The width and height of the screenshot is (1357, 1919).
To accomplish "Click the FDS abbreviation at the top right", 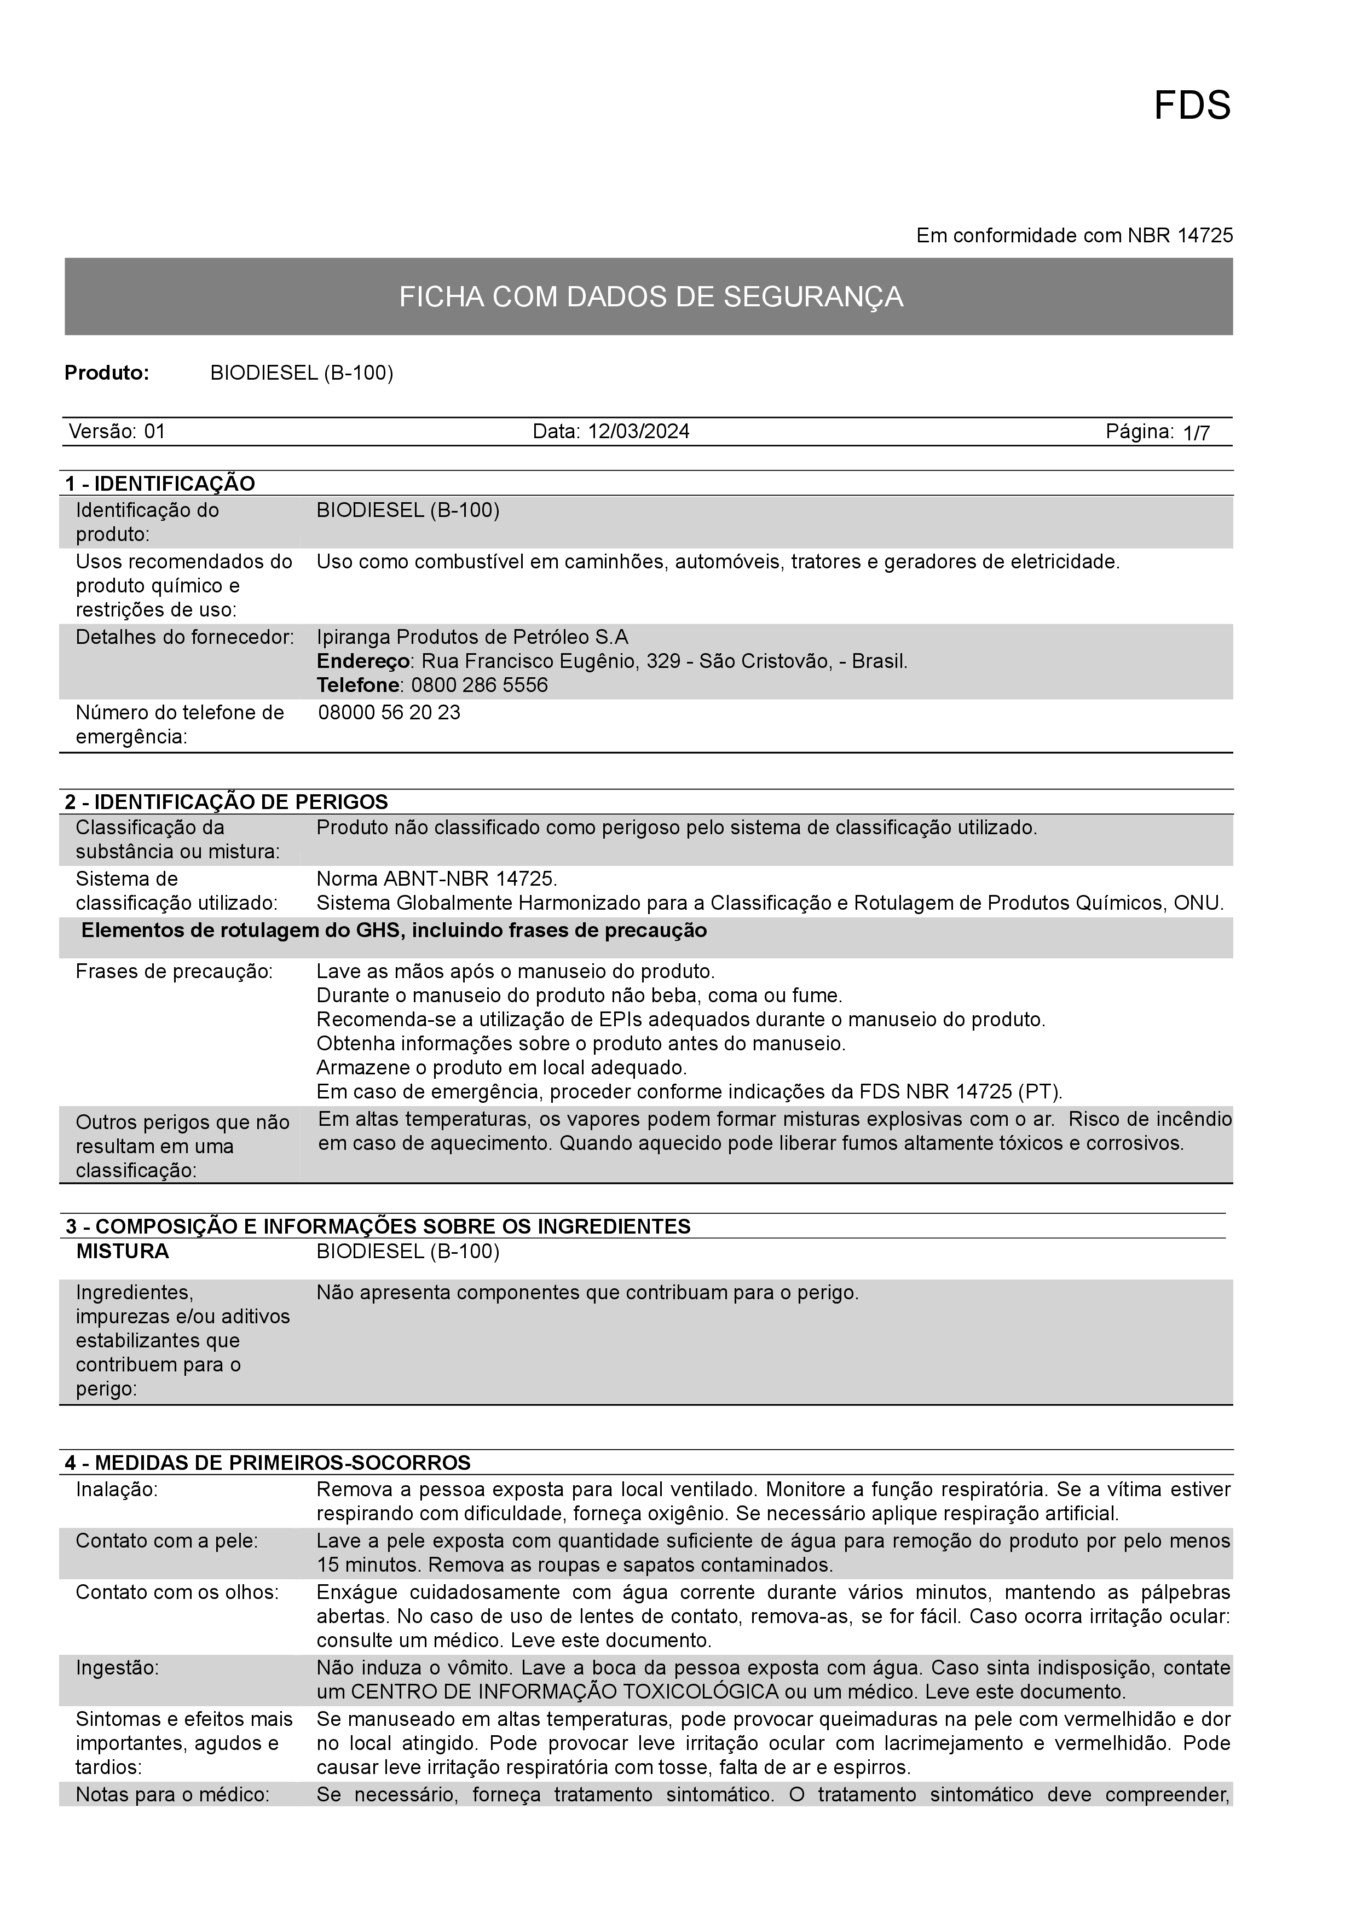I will (1192, 106).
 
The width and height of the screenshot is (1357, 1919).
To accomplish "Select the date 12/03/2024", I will (639, 431).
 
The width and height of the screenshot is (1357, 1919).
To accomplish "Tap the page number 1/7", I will (1197, 433).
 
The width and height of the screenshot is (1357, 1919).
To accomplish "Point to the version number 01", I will (155, 431).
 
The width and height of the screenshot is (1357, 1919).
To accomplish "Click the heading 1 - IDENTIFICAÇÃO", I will (160, 483).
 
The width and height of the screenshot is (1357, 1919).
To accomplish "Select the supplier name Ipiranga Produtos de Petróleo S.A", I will (472, 637).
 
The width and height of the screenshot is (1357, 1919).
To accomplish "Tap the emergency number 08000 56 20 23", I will (390, 713).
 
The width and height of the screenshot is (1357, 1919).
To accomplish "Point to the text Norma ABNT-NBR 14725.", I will (436, 879).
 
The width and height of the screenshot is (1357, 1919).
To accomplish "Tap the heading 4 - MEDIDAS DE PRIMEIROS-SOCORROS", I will (268, 1463).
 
